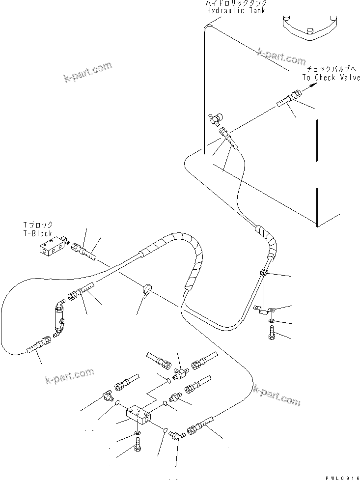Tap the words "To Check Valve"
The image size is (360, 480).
pyautogui.click(x=331, y=78)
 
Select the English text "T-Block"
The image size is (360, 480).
pyautogui.click(x=38, y=233)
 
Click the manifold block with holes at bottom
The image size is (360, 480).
pyautogui.click(x=138, y=414)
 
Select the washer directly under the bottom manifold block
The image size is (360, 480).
pyautogui.click(x=137, y=433)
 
